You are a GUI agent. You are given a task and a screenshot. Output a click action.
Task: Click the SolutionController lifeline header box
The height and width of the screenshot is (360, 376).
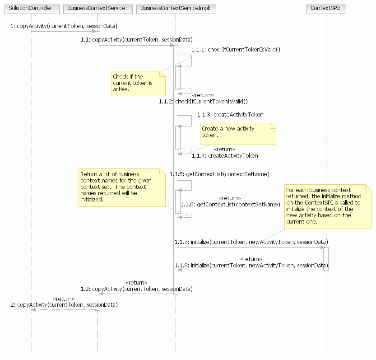[x=31, y=8]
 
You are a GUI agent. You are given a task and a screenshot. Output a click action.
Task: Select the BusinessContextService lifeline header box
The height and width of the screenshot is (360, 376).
[x=97, y=8]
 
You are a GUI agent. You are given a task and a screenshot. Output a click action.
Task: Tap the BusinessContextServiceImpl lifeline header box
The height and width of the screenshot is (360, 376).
[x=176, y=8]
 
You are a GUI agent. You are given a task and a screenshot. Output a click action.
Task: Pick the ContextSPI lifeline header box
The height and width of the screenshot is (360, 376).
[x=325, y=8]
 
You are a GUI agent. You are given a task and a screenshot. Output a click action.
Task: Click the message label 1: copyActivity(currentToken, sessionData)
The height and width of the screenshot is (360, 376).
[x=64, y=26]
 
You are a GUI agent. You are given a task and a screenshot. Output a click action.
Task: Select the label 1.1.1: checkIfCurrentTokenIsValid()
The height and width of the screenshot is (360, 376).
[x=236, y=49]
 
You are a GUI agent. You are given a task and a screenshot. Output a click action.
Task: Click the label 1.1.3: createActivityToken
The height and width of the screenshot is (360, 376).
[x=230, y=115]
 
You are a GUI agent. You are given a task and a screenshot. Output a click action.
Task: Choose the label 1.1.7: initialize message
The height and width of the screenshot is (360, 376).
[x=251, y=242]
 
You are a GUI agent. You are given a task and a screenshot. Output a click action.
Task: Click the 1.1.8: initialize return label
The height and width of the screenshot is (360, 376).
[x=251, y=265]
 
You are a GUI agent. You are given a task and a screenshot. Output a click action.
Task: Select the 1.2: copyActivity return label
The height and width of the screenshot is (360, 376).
[x=137, y=288]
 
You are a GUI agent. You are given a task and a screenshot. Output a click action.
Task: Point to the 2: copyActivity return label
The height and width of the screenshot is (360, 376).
[x=64, y=304]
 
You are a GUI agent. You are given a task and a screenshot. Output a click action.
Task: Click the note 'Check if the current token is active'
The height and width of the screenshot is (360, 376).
[x=138, y=83]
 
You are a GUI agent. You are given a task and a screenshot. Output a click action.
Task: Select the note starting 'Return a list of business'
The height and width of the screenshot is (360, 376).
[x=122, y=187]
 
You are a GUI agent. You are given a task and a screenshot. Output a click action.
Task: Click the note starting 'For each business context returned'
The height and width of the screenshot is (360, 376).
[x=327, y=206]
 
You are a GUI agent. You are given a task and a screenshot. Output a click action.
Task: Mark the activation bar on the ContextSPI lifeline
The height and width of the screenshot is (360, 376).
[x=325, y=258]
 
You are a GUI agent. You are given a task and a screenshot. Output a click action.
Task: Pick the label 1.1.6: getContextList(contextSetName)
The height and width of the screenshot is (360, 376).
[x=230, y=204]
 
